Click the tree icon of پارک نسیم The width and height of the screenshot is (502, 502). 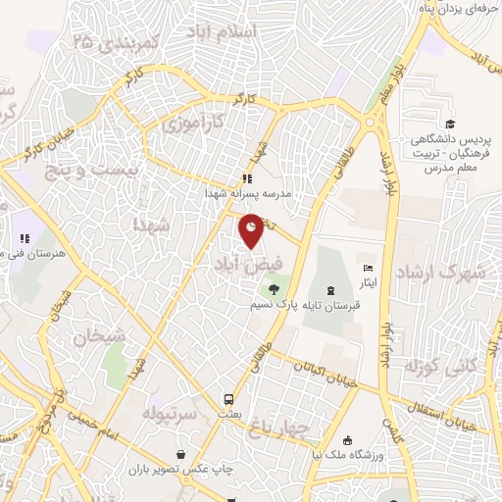point(274,288)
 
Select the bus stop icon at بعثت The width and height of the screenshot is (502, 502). point(227,399)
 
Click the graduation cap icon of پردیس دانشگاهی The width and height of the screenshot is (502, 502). point(450,124)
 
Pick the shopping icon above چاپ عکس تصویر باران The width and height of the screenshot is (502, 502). point(181,454)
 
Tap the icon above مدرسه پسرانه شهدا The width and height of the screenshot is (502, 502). point(248,179)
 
